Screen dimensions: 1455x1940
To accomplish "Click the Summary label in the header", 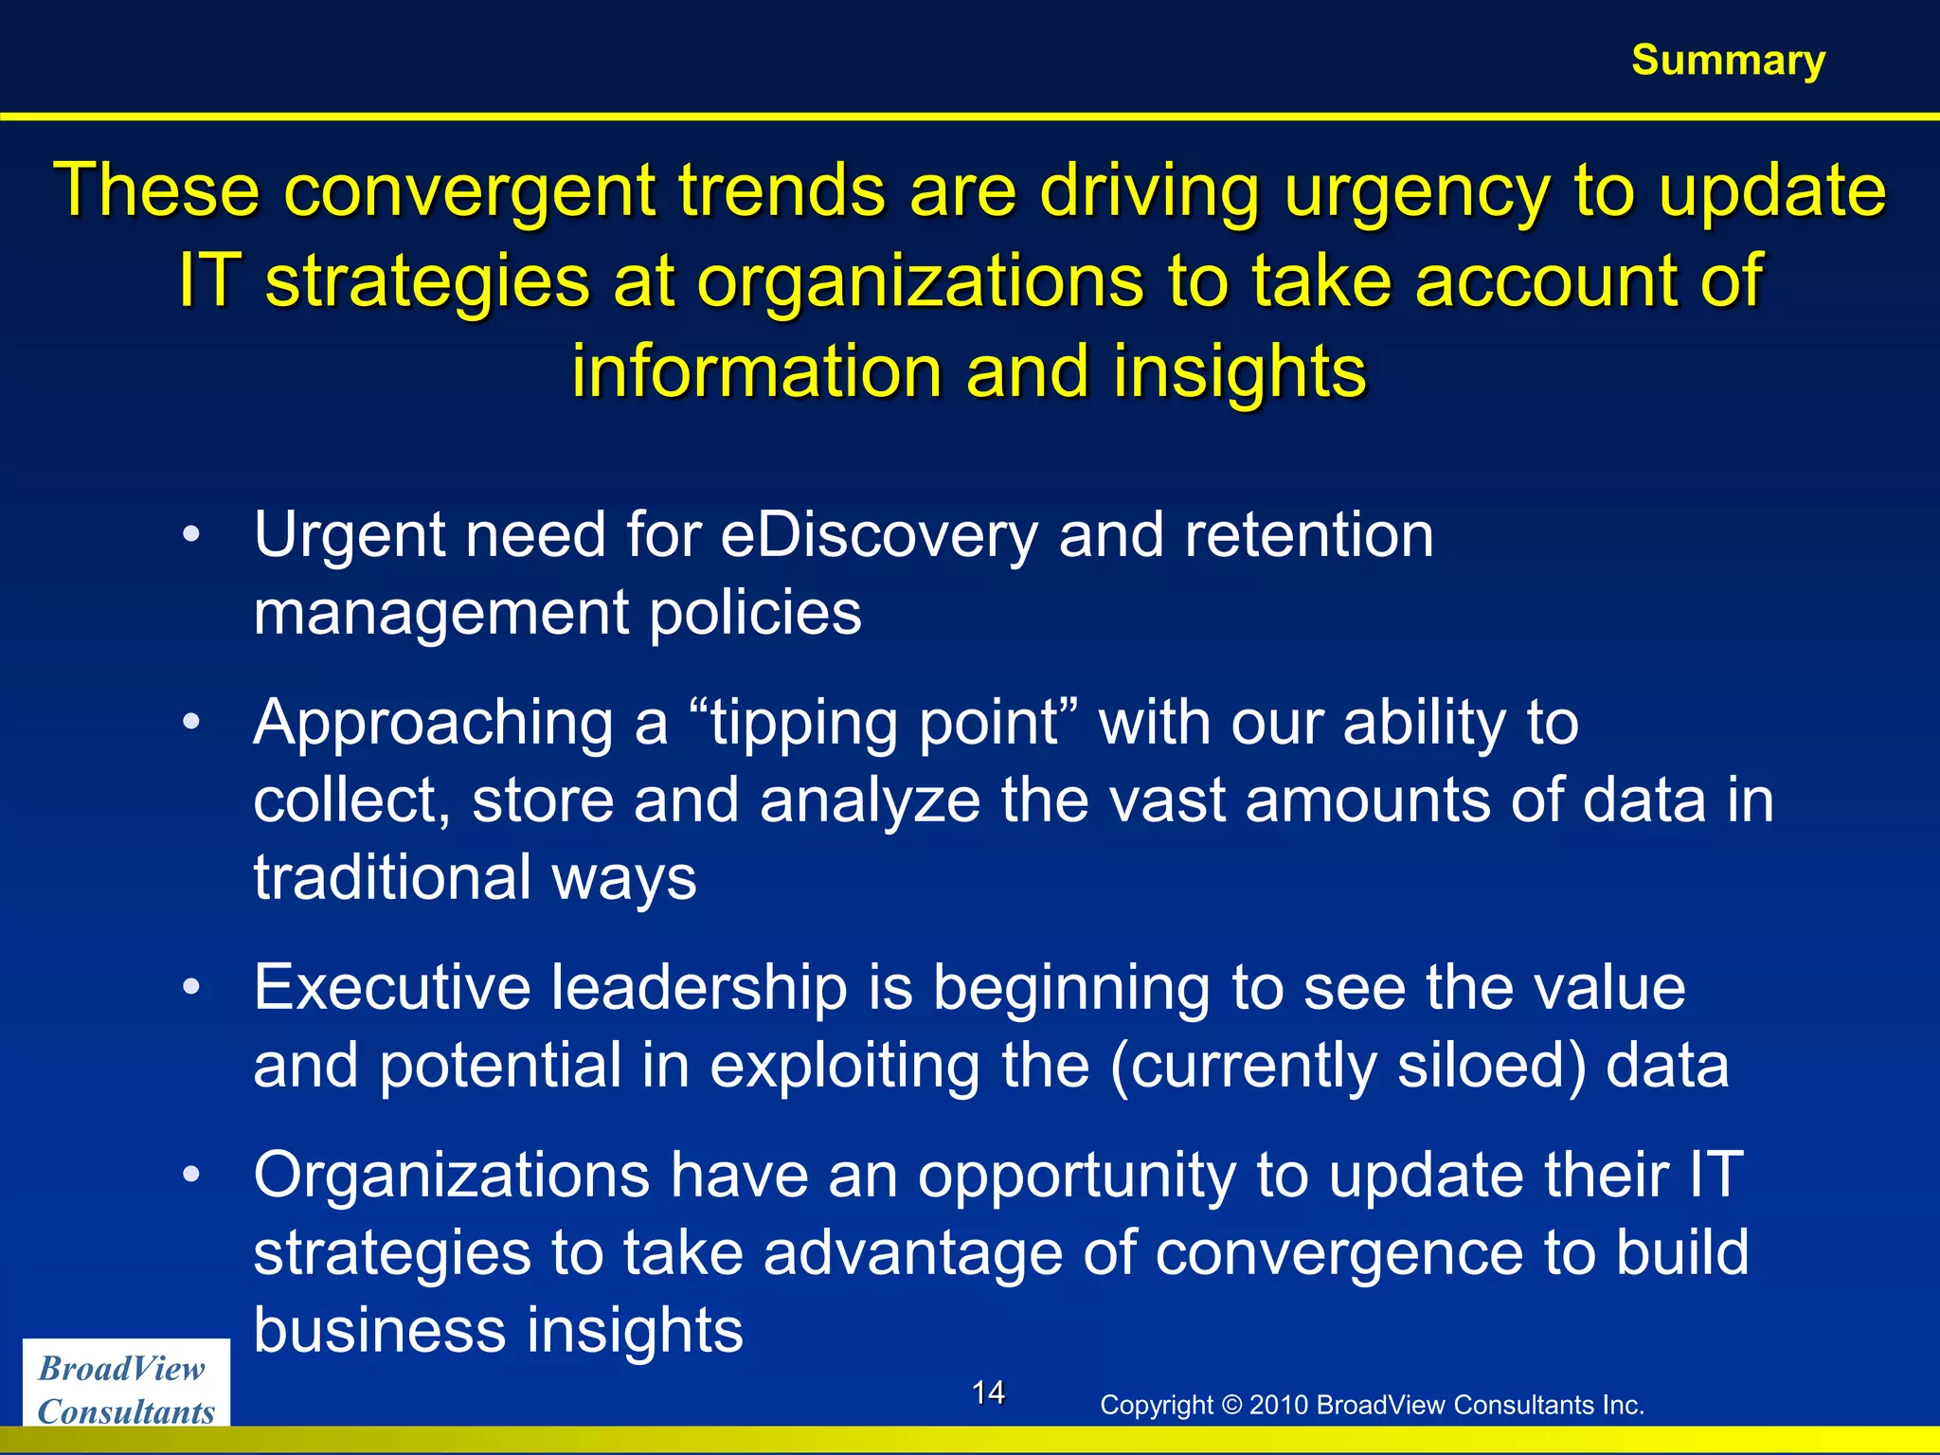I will coord(1728,60).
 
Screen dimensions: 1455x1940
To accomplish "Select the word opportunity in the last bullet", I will coord(1076,1177).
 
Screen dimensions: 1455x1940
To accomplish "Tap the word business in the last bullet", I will coord(379,1331).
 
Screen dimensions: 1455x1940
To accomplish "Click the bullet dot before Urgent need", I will coord(191,534).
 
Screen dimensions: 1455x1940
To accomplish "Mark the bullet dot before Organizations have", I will coord(191,1175).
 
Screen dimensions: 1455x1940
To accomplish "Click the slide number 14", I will coord(988,1392).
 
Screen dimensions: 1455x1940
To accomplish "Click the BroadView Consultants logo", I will coord(126,1389).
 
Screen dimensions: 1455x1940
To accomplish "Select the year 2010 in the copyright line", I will coord(1279,1405).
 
